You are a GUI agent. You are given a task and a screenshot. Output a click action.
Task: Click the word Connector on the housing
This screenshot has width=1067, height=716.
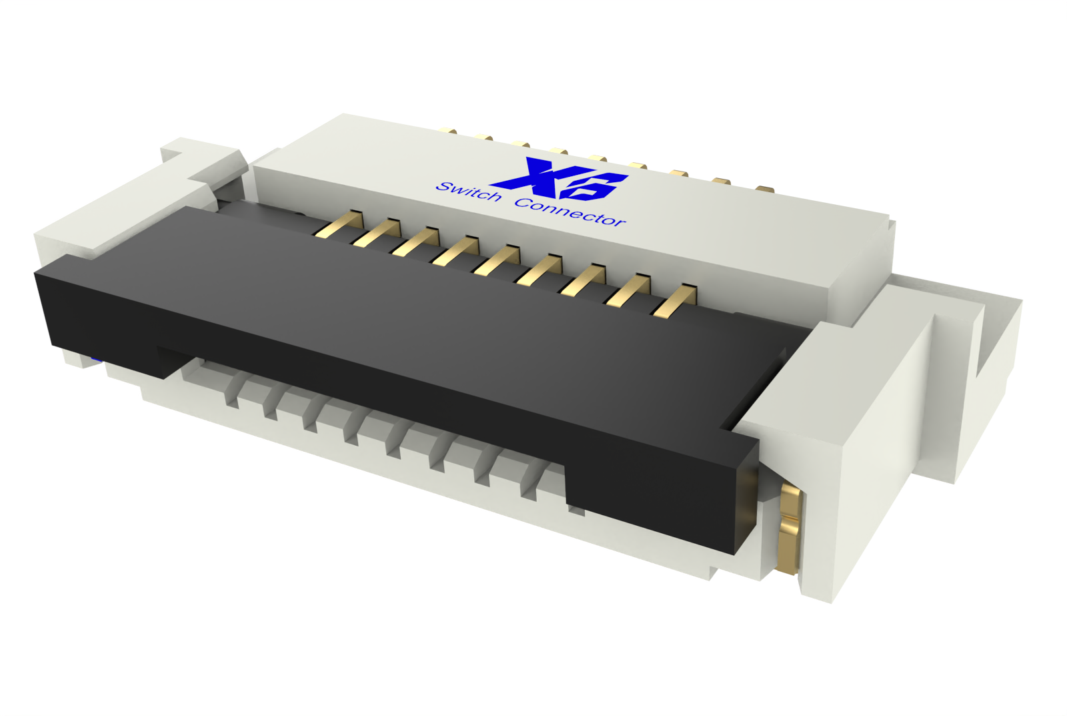point(570,212)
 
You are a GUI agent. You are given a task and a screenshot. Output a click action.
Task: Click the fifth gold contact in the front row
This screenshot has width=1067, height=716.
point(497,260)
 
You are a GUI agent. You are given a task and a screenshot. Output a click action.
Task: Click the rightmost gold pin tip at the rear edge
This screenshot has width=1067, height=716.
point(765,189)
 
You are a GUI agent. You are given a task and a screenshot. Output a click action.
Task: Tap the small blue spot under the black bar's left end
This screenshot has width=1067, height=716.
point(95,360)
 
